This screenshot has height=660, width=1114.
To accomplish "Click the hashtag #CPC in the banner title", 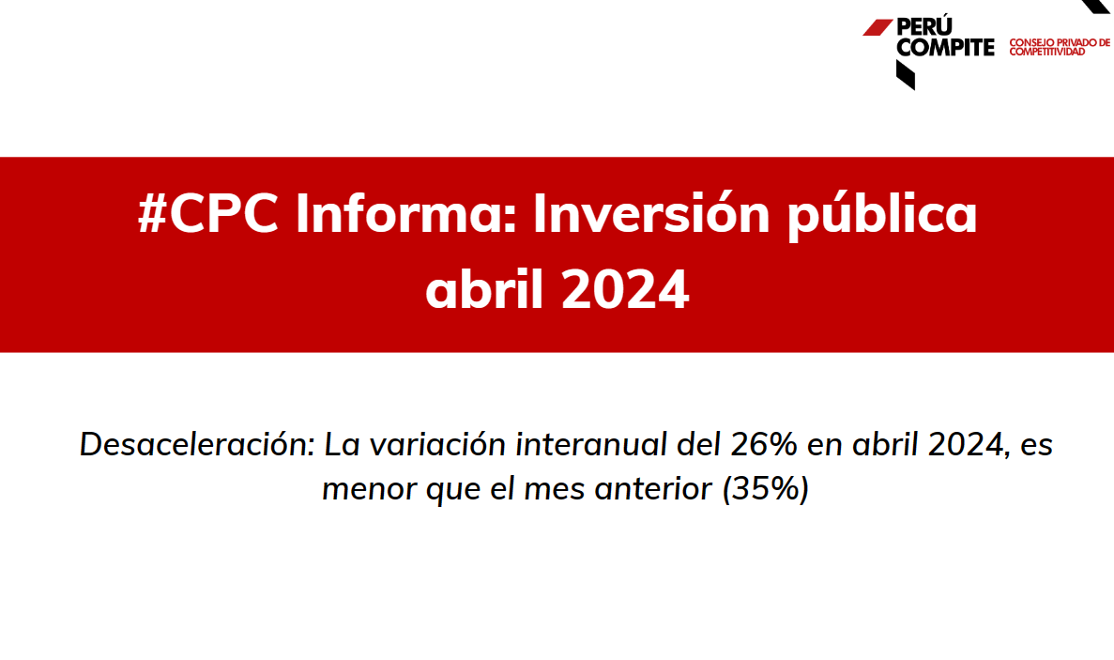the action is coord(207,212).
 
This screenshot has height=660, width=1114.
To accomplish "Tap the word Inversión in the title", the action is coord(651,212).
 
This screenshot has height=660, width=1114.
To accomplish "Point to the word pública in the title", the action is coord(881,215).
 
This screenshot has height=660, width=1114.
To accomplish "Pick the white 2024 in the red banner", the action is coord(625,290).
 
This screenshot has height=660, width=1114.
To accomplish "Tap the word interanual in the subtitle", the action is coord(592,444).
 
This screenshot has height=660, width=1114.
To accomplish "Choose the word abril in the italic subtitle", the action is coord(885,444).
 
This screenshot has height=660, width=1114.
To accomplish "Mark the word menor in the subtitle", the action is coord(370,489).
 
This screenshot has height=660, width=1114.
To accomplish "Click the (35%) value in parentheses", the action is coord(765,489).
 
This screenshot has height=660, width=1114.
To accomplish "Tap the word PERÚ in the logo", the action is coord(924,26).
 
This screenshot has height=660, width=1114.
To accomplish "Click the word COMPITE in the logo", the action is coord(946,47).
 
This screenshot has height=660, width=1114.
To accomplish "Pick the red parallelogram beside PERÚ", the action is coord(877,27).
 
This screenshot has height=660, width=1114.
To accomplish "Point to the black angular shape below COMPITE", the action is coord(905,74).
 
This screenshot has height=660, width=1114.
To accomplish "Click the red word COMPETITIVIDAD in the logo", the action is coord(1047,52).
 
